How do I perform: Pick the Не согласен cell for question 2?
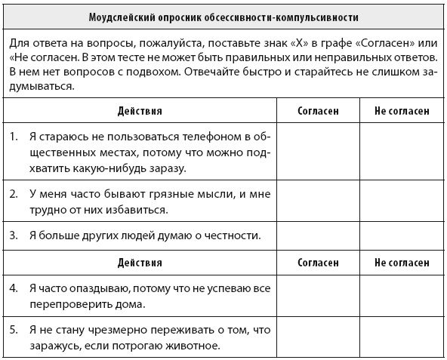pos(401,201)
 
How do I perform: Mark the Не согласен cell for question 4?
pos(401,297)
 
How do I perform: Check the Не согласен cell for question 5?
pos(401,339)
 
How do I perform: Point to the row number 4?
pos(14,289)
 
